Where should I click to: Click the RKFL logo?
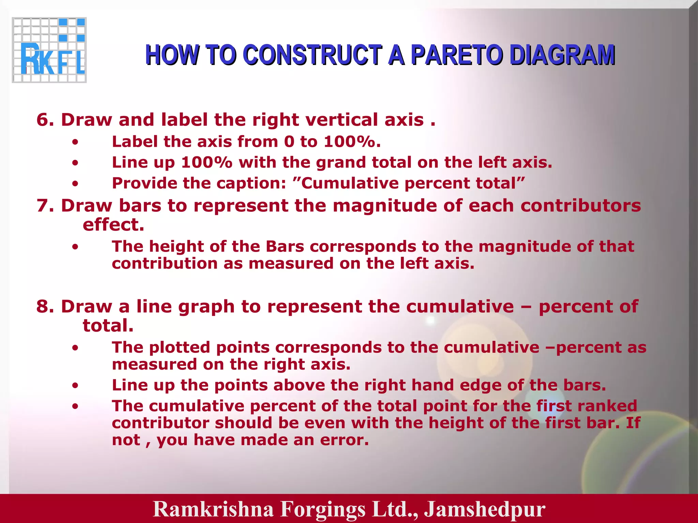49,50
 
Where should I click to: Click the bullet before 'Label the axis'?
75,142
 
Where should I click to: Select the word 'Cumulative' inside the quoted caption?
349,183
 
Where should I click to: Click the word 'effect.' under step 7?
113,225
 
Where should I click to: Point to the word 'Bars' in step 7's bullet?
285,246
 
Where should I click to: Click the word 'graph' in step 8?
207,306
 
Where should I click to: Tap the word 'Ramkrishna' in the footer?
213,509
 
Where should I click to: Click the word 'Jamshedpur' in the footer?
484,509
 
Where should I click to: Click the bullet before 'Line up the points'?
75,386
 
